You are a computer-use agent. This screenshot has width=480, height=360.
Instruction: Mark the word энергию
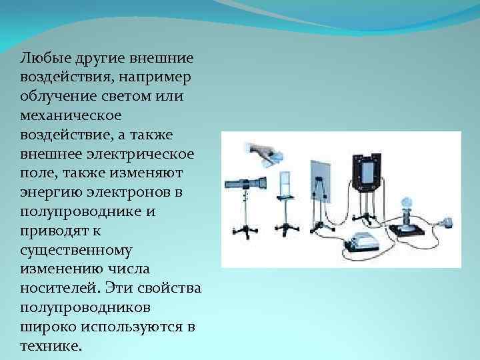tap(49, 193)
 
